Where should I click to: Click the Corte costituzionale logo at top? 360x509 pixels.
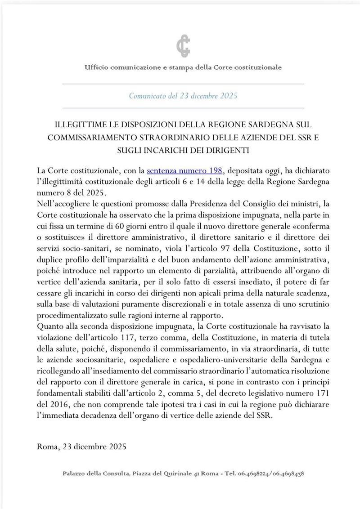click(182, 46)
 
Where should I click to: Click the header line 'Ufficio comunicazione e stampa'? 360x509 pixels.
click(183, 67)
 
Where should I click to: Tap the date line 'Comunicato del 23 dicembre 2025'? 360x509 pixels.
click(183, 96)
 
